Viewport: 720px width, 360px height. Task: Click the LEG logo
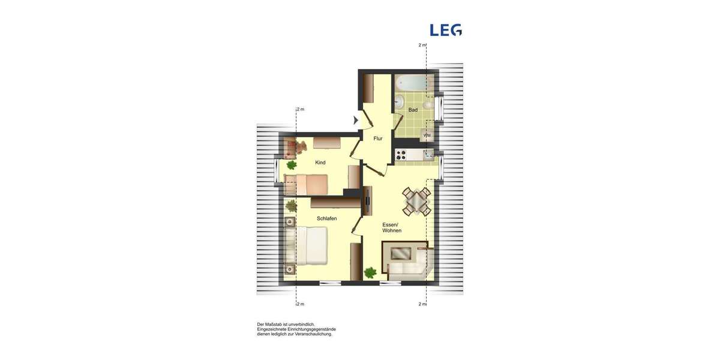[x=446, y=30]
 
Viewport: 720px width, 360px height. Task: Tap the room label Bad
[x=413, y=110]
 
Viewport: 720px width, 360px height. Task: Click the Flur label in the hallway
[x=377, y=139]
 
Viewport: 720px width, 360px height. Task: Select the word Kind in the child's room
[x=320, y=163]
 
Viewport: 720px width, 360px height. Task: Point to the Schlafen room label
[x=326, y=218]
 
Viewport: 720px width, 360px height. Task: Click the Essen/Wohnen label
[x=392, y=227]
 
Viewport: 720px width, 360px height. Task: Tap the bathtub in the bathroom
[x=414, y=83]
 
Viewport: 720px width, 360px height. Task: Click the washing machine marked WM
[x=427, y=136]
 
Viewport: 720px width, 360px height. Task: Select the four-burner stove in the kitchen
[x=401, y=155]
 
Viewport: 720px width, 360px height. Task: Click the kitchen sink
[x=427, y=155]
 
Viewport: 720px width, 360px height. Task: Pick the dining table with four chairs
[x=416, y=201]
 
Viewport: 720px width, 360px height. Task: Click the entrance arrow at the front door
[x=356, y=121]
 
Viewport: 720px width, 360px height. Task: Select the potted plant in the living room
[x=370, y=272]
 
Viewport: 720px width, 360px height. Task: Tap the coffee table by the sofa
[x=400, y=254]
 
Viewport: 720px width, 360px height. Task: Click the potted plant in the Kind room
[x=292, y=164]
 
